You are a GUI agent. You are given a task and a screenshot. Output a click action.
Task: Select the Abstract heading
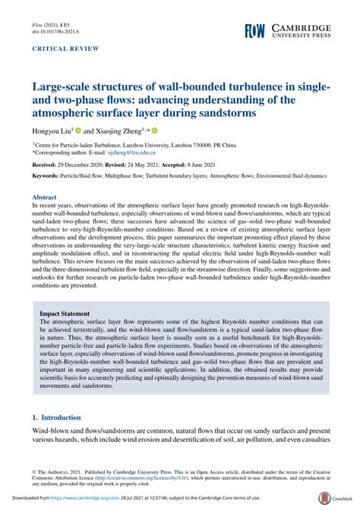(46, 196)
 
